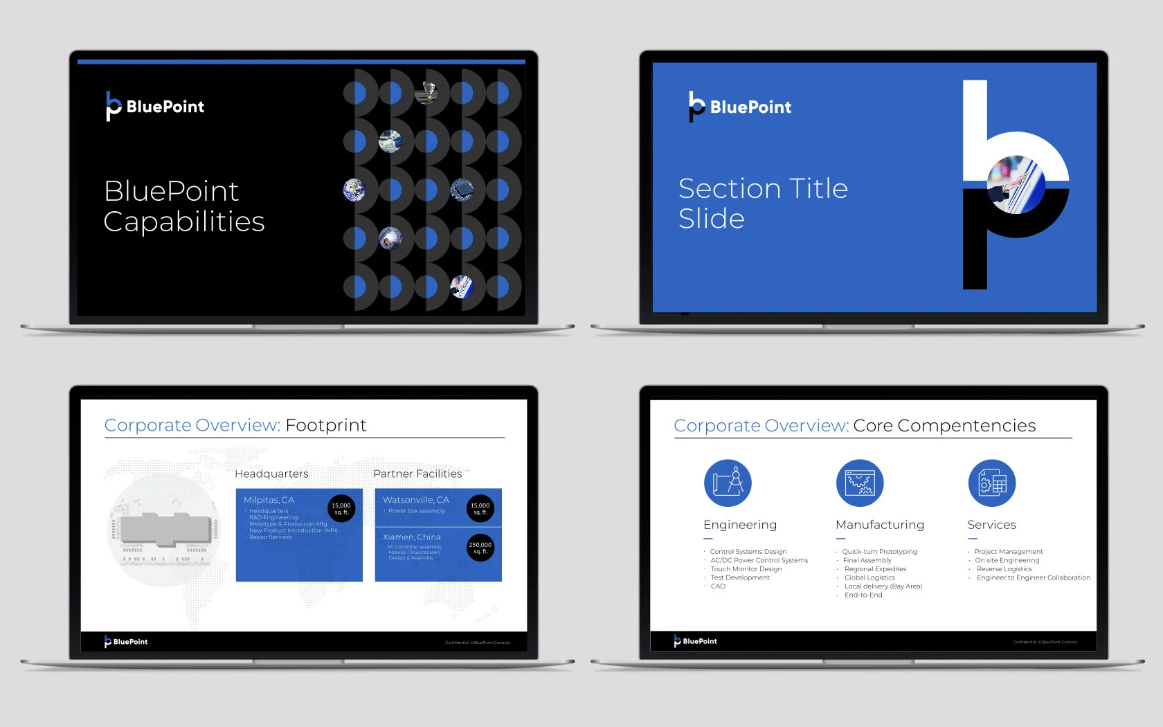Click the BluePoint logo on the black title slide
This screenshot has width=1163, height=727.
click(x=155, y=107)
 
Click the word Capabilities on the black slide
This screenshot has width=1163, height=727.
click(x=184, y=222)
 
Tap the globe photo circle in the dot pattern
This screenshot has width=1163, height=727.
click(x=354, y=189)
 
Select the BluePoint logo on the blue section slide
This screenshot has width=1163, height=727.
click(x=740, y=107)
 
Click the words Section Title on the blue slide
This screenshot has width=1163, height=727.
click(x=763, y=188)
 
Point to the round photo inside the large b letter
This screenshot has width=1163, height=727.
click(x=1016, y=184)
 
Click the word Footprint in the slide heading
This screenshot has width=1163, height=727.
click(x=325, y=425)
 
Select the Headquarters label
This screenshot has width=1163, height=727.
click(x=271, y=474)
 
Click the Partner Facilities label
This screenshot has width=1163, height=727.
click(x=417, y=474)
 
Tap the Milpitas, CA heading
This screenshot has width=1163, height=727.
click(x=269, y=500)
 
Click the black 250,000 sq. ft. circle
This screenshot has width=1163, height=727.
click(x=480, y=548)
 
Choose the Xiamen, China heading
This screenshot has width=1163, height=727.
click(x=411, y=537)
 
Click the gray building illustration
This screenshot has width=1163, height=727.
click(x=165, y=530)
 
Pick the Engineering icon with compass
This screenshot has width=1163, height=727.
click(x=728, y=483)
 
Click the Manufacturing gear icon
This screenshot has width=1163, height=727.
click(x=860, y=483)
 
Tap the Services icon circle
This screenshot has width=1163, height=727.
click(x=991, y=483)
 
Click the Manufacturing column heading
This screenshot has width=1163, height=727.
click(x=880, y=525)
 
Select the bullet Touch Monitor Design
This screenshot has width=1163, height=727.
click(x=746, y=569)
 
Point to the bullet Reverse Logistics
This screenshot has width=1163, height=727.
click(x=1004, y=569)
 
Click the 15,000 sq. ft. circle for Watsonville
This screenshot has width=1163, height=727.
click(x=480, y=508)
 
